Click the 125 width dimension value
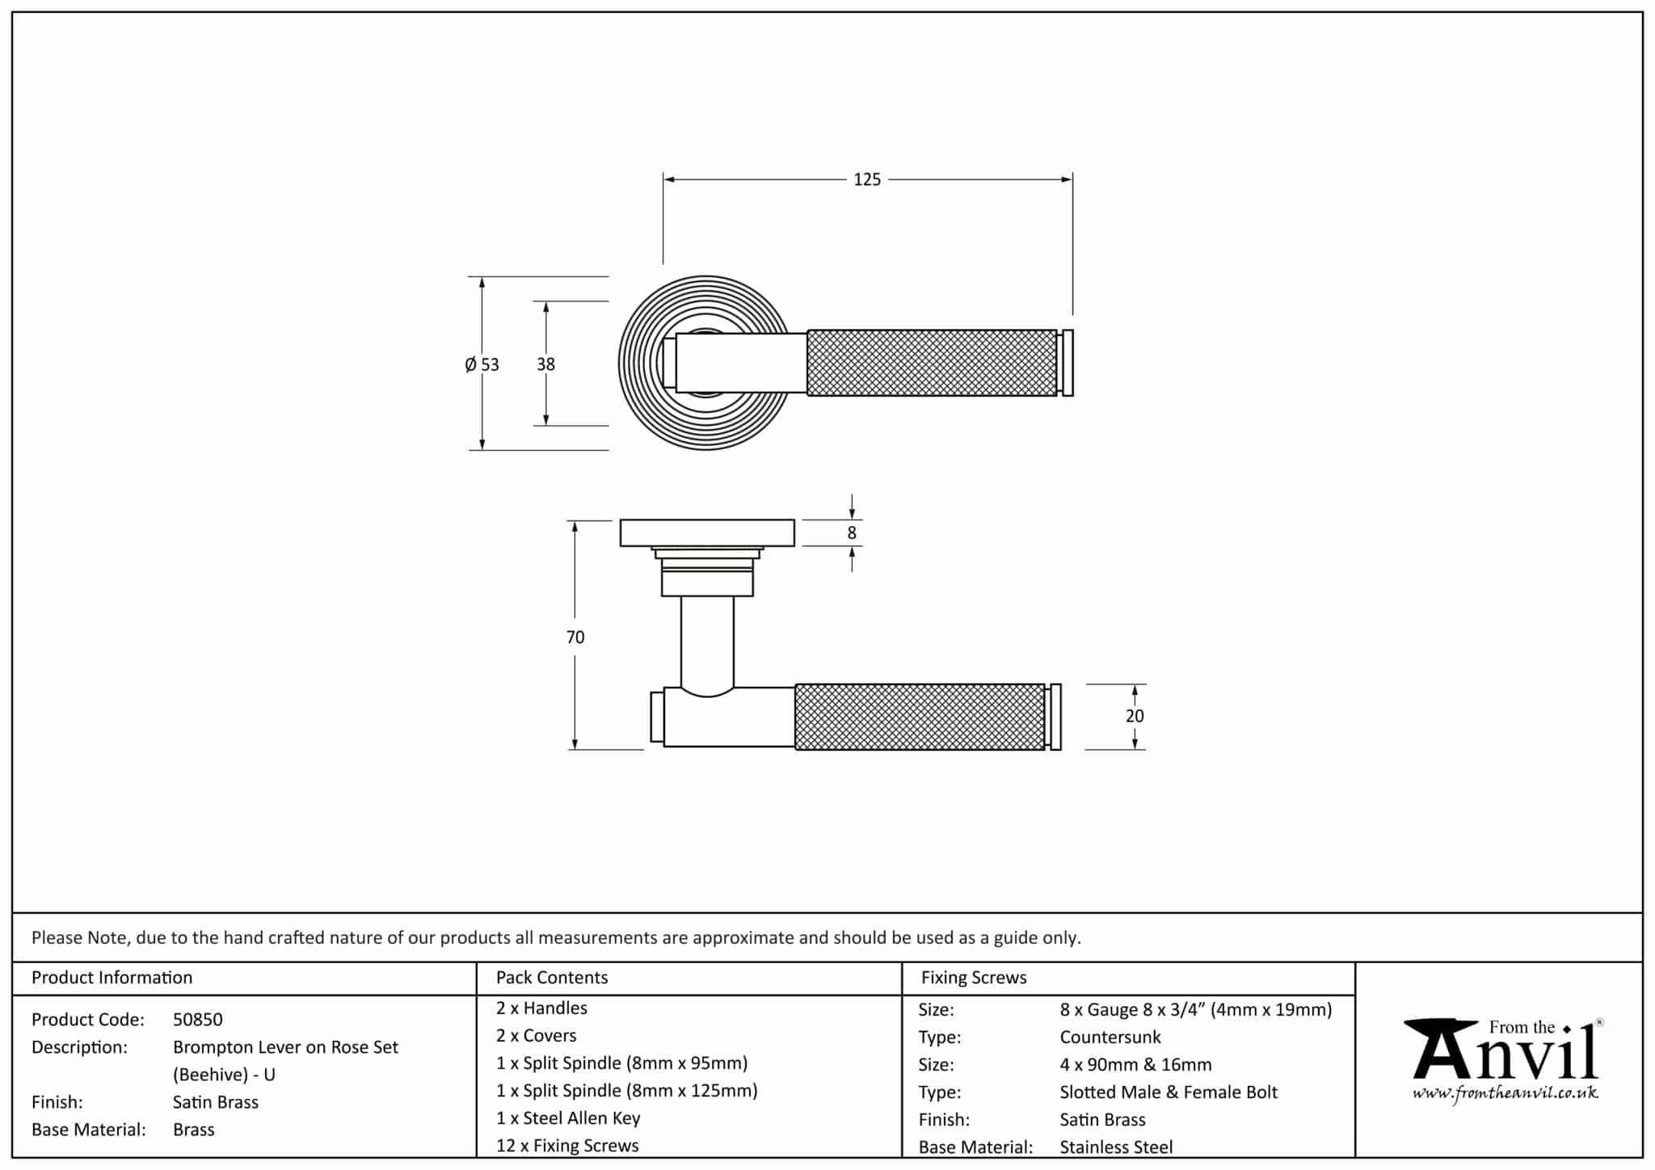(867, 179)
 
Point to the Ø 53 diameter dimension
(482, 364)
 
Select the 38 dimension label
(545, 364)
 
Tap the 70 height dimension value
(575, 638)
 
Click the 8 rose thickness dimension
(851, 533)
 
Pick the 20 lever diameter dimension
(1135, 716)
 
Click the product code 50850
(197, 1020)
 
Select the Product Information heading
(112, 978)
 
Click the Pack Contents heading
(551, 978)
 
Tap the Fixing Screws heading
(973, 978)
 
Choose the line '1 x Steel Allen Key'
(568, 1118)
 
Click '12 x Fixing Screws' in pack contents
(567, 1146)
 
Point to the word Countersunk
(1110, 1037)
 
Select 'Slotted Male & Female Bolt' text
(1169, 1092)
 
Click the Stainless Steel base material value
(1116, 1147)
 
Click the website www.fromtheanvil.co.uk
(1505, 1094)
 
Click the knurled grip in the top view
(931, 363)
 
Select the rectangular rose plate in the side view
(707, 533)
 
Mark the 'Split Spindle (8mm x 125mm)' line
(627, 1091)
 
